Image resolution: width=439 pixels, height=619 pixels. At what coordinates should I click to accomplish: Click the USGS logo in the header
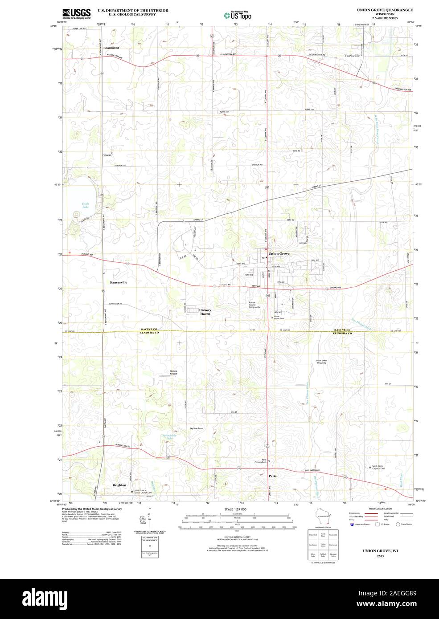pos(76,13)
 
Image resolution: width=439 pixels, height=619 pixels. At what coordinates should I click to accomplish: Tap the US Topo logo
pos(238,15)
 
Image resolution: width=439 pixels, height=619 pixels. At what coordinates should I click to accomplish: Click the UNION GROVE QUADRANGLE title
pos(384,9)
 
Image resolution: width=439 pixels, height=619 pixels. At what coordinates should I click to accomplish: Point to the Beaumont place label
pos(111,48)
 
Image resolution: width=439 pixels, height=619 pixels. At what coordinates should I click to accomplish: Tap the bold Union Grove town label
pos(279,253)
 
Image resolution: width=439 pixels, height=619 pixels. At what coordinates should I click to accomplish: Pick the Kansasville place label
pos(119,282)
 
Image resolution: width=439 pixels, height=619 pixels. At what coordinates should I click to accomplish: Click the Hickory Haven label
pos(205,312)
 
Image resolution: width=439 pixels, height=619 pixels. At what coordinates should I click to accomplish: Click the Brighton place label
pos(119,485)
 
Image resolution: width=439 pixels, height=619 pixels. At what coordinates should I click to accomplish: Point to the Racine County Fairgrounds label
pos(254,305)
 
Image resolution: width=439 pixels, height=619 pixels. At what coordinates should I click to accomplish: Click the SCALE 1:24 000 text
pos(235,509)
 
